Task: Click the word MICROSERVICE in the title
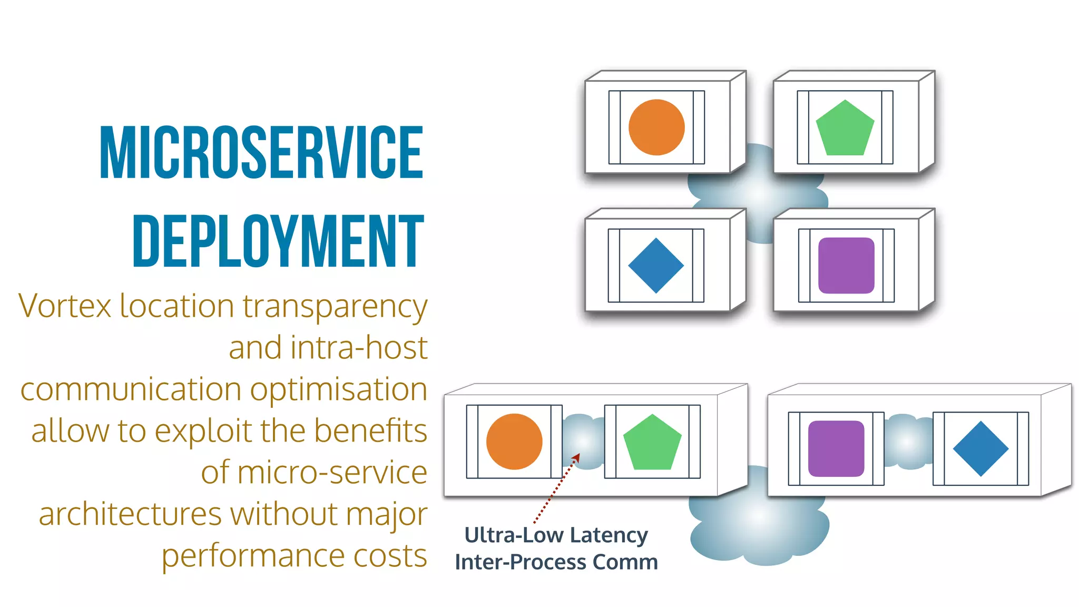point(261,152)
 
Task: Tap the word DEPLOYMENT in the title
point(278,241)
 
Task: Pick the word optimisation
point(338,390)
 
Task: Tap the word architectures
point(130,514)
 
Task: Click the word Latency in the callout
point(609,535)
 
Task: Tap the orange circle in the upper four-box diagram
point(656,127)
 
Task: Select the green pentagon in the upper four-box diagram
point(845,129)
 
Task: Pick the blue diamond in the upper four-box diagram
point(656,266)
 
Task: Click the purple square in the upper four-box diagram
point(846,266)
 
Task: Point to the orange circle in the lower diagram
point(514,442)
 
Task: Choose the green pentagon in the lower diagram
point(652,443)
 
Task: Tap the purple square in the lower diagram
point(836,448)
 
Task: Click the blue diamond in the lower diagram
point(980,449)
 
